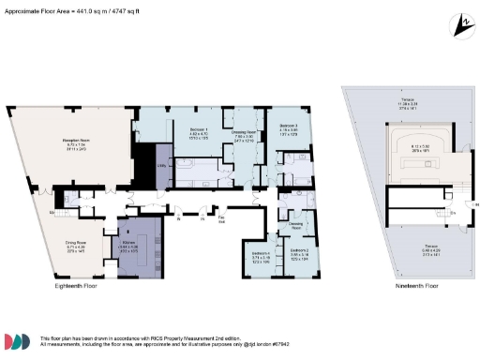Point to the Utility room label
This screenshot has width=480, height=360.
click(x=160, y=167)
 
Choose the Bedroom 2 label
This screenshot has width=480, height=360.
click(x=299, y=250)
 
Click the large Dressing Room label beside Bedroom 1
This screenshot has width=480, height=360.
click(x=244, y=132)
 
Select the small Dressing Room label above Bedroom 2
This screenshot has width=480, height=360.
click(x=295, y=224)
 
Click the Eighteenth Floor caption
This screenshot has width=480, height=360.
click(x=76, y=284)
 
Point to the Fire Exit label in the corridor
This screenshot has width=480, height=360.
click(x=221, y=220)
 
